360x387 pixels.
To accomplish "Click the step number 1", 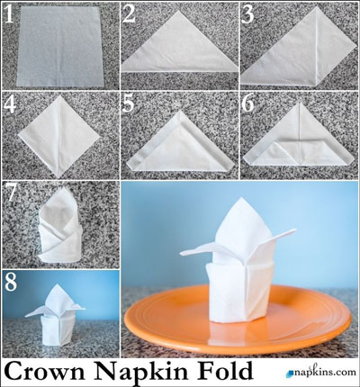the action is [x=9, y=14].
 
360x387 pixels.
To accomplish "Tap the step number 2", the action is [x=129, y=14].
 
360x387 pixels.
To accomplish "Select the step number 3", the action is [x=247, y=14].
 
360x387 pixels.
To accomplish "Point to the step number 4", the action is [x=10, y=104].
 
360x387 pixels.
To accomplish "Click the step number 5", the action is [x=129, y=104].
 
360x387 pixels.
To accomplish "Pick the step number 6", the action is [x=248, y=104].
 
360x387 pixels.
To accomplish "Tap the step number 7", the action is [x=10, y=193].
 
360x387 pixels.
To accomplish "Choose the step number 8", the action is [x=11, y=282].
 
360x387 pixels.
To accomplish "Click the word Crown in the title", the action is [x=44, y=371].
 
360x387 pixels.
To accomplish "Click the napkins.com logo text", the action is [x=325, y=372].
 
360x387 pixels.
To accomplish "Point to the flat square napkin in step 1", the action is [x=60, y=47].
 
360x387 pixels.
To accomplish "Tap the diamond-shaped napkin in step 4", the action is [x=59, y=137].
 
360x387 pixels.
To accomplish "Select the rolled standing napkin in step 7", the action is [x=60, y=225].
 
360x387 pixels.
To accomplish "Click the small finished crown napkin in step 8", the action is [x=56, y=315].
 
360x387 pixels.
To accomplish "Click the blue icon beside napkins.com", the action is [x=290, y=373].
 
